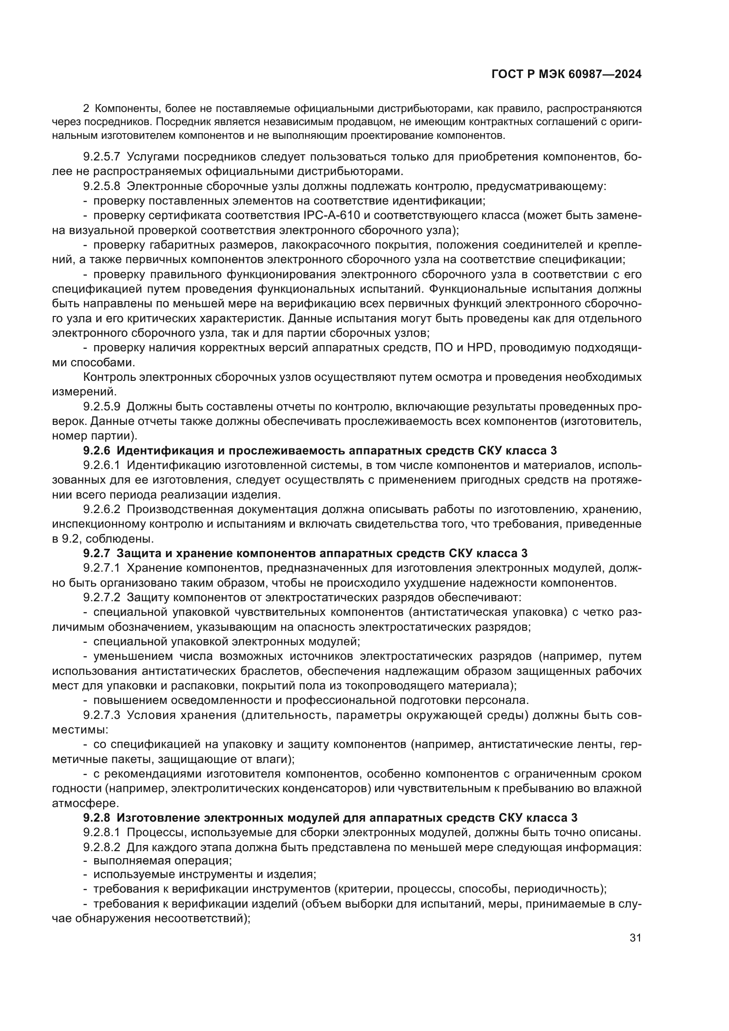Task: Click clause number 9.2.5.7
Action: [x=101, y=157]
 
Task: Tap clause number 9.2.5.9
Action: [x=101, y=407]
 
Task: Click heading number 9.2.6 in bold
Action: [x=97, y=451]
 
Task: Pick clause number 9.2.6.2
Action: [x=101, y=509]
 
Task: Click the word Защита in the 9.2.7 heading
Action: [x=138, y=553]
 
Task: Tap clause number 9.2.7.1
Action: [x=101, y=568]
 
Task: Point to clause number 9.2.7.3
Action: [x=101, y=715]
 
